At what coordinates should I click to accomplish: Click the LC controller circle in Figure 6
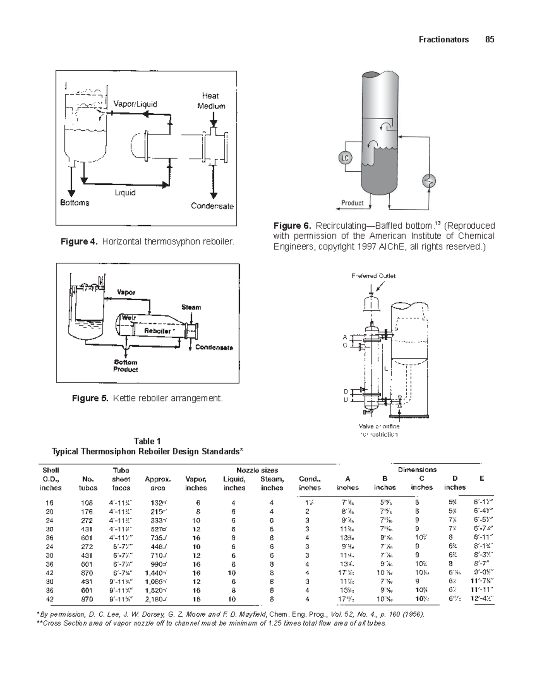tap(345, 158)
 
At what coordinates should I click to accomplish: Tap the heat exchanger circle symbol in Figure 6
tap(429, 181)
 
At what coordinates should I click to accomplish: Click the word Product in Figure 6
tap(353, 203)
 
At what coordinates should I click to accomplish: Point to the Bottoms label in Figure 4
tap(75, 203)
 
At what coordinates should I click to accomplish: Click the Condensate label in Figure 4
tap(212, 206)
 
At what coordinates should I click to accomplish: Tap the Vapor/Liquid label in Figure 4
tap(135, 104)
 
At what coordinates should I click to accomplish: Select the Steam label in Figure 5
tap(191, 307)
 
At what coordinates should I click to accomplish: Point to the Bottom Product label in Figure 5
tap(125, 366)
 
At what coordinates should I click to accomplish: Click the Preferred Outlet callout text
tap(373, 276)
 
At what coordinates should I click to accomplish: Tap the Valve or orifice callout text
tap(379, 430)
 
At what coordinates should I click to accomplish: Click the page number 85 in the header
tap(490, 39)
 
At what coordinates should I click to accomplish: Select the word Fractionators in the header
tap(443, 39)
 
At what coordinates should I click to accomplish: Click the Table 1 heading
tap(147, 441)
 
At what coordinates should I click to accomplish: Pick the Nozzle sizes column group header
tap(257, 470)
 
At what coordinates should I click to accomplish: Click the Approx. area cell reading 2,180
tap(157, 599)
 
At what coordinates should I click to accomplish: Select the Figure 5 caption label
tap(90, 398)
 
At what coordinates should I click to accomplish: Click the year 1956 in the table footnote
tap(413, 614)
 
